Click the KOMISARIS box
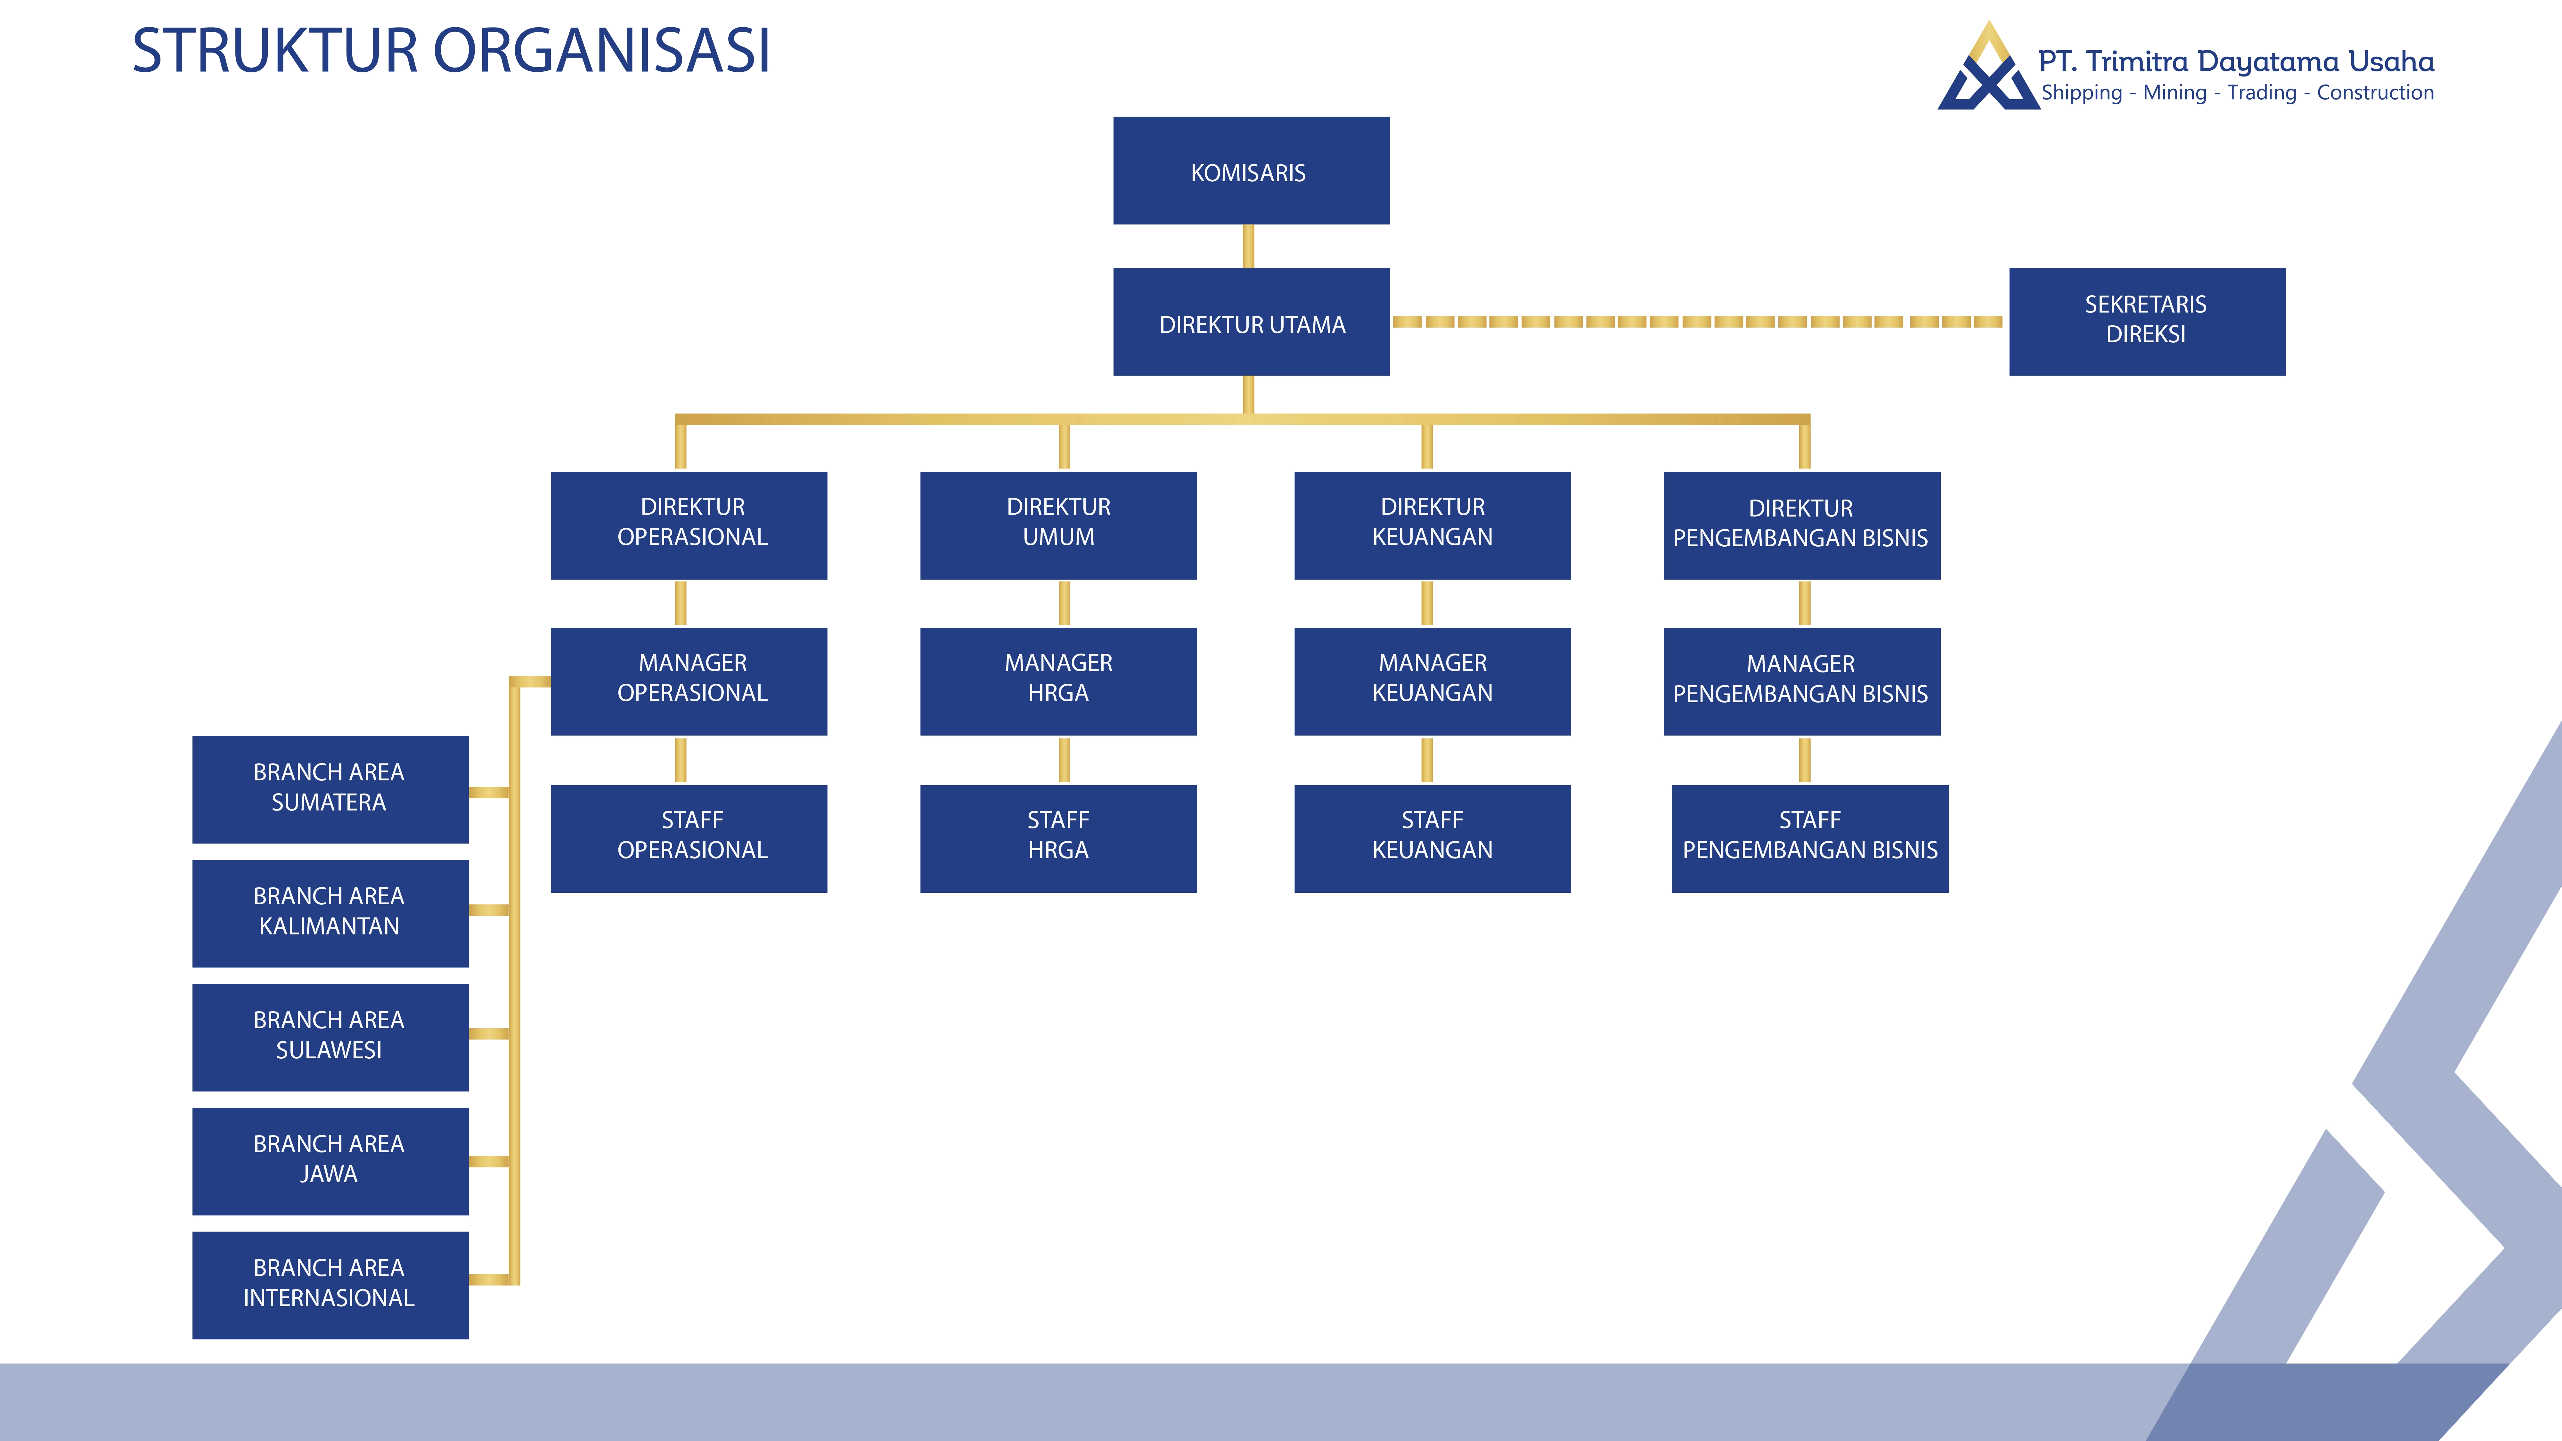pyautogui.click(x=1250, y=171)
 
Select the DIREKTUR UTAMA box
pyautogui.click(x=1250, y=322)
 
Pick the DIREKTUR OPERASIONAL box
pyautogui.click(x=688, y=525)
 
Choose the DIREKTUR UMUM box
pyautogui.click(x=1058, y=525)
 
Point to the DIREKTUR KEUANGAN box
pyautogui.click(x=1432, y=525)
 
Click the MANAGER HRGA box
pyautogui.click(x=1058, y=681)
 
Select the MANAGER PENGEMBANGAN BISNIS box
pyautogui.click(x=1801, y=681)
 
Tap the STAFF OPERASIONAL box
pyautogui.click(x=688, y=838)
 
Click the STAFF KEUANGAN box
pyautogui.click(x=1432, y=838)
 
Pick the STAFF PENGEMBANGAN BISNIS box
pyautogui.click(x=1809, y=838)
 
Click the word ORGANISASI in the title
pyautogui.click(x=602, y=51)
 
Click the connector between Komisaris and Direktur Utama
pyautogui.click(x=1248, y=246)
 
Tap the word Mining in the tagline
pyautogui.click(x=2174, y=93)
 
